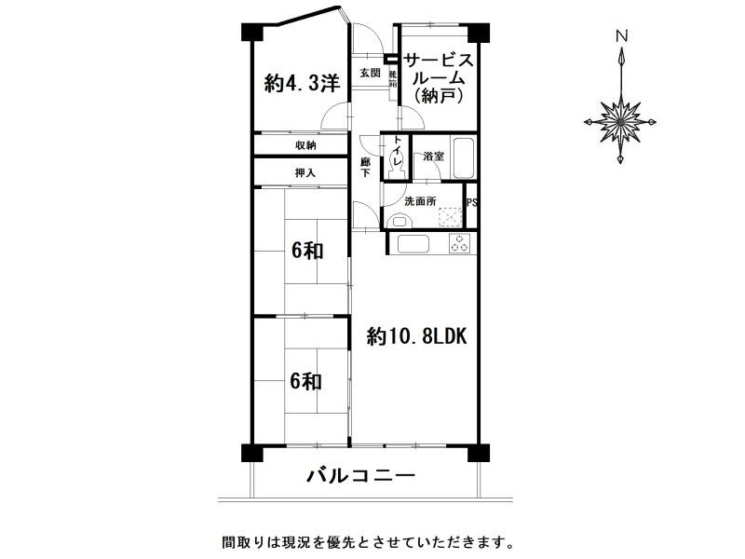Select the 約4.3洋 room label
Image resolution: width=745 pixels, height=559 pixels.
click(300, 84)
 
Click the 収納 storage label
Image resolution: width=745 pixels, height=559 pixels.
click(305, 145)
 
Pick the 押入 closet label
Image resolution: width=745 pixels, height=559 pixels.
click(305, 172)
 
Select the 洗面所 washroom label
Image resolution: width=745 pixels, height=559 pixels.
click(419, 201)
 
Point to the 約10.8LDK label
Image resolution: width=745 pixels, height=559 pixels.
click(415, 336)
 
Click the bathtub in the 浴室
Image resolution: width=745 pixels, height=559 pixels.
click(462, 160)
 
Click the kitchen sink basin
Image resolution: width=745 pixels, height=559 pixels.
click(411, 244)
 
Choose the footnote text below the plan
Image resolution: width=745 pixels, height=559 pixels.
click(367, 541)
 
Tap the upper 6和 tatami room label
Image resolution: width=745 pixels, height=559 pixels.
click(305, 250)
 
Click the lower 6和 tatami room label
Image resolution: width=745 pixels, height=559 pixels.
click(305, 380)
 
